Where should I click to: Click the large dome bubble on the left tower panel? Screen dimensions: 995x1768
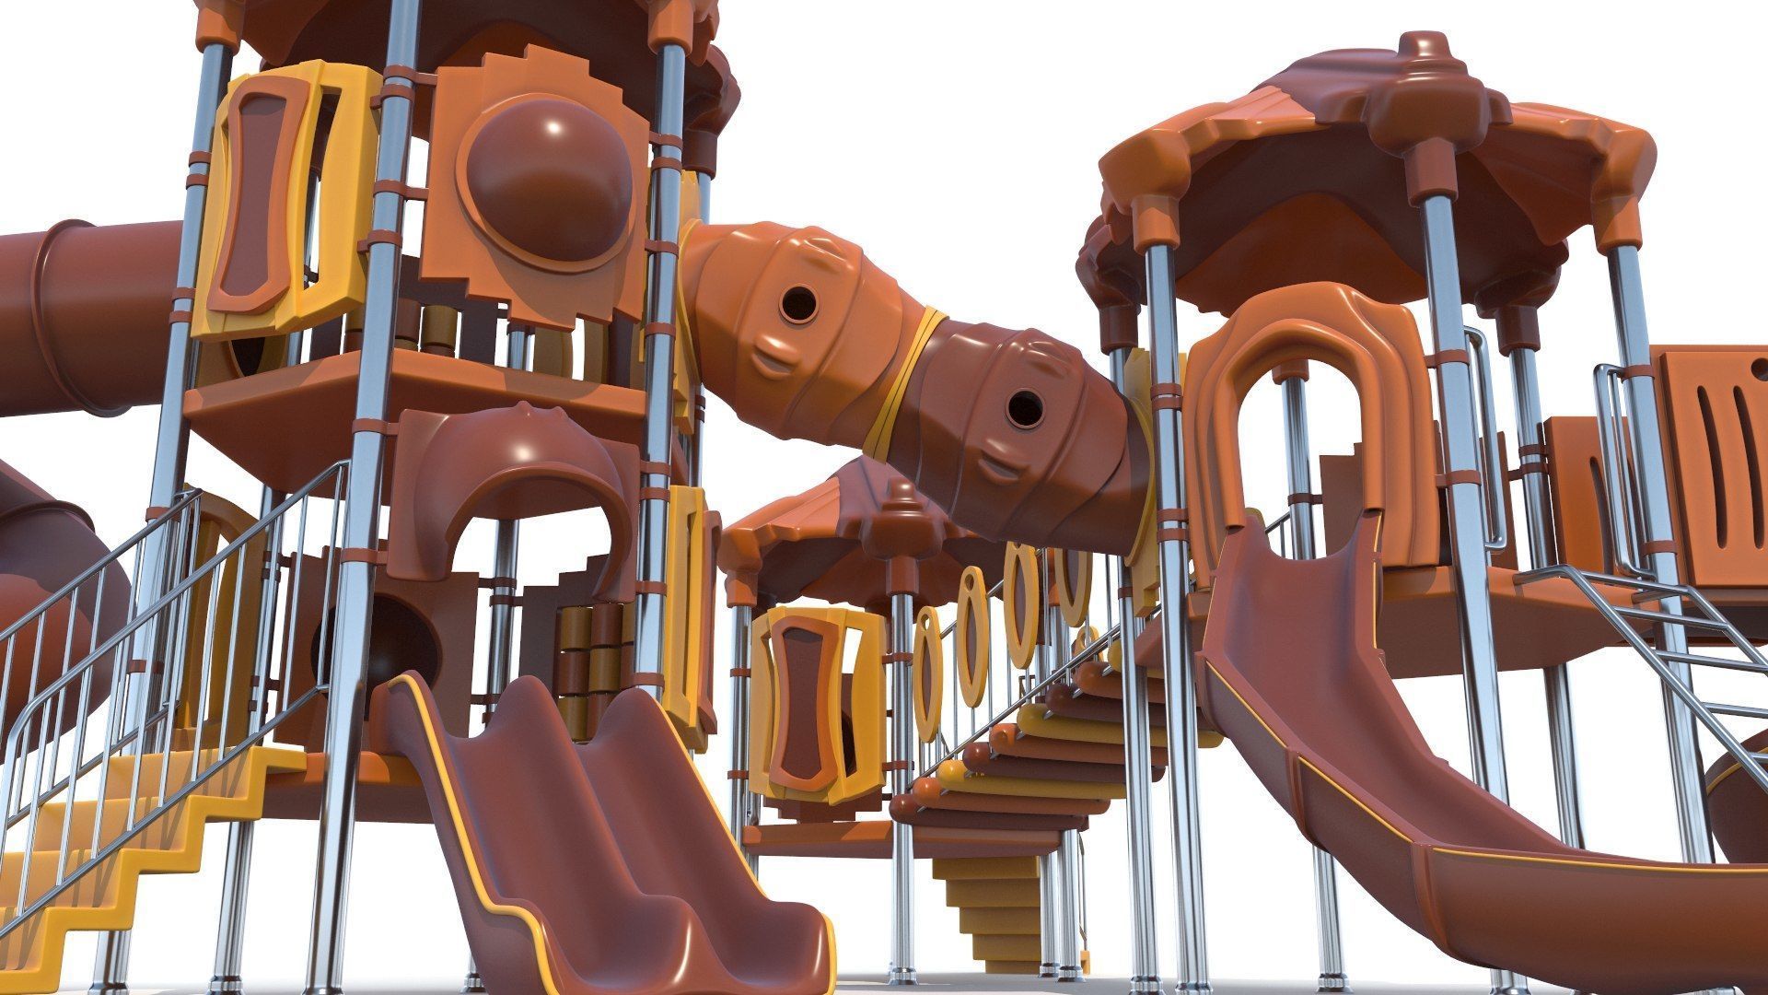point(549,180)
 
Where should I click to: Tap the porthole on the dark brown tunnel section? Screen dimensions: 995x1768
point(1020,406)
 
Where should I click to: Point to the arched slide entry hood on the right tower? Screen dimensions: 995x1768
point(1308,405)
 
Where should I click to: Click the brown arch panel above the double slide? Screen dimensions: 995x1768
point(516,488)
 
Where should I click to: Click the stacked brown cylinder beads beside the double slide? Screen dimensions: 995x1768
point(589,663)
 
